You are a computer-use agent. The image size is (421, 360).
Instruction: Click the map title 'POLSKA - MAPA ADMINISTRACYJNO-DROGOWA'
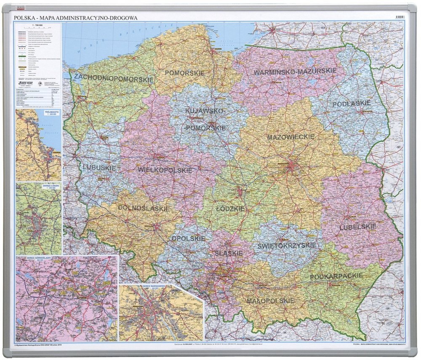tap(76, 18)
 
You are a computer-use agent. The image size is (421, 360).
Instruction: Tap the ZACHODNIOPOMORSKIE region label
tap(113, 78)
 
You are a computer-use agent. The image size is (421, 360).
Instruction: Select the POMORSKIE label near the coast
tap(184, 73)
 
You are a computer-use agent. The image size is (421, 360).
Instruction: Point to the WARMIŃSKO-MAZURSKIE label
tap(295, 72)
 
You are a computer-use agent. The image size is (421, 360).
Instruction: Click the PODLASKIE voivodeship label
tap(352, 104)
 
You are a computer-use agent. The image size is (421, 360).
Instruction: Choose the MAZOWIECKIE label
tap(290, 137)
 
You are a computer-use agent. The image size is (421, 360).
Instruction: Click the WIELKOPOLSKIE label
tap(165, 170)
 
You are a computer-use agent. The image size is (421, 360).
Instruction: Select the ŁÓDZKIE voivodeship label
tap(230, 208)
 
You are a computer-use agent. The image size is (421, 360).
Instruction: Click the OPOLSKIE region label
tap(188, 238)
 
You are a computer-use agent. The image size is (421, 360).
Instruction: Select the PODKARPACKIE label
tap(336, 276)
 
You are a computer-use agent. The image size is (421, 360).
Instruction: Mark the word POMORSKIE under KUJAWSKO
tap(205, 128)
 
